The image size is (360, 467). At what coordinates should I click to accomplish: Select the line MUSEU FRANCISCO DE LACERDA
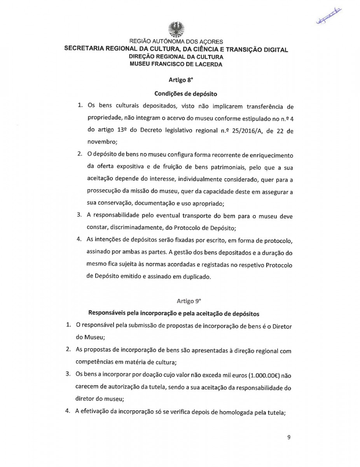(176, 65)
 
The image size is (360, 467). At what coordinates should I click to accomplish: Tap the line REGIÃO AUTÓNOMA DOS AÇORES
(176, 42)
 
